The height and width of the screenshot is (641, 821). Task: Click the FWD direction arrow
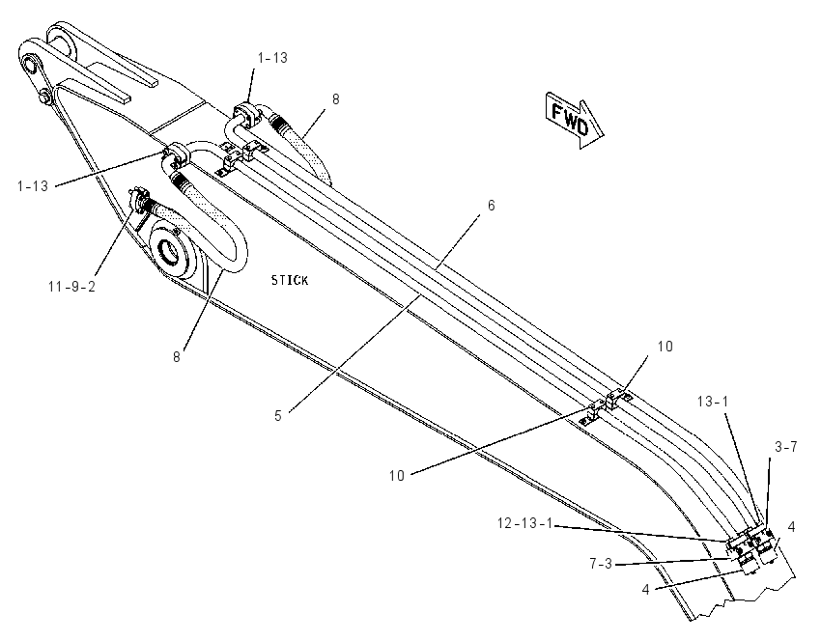point(575,121)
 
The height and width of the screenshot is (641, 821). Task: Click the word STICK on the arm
point(290,281)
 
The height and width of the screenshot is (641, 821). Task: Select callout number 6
point(491,206)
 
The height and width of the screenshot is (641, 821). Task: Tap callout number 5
point(278,416)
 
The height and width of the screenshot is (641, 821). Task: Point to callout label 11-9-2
point(71,287)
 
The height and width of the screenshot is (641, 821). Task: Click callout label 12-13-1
point(524,523)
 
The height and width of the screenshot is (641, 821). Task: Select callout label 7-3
point(601,564)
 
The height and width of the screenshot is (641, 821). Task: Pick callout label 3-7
point(786,447)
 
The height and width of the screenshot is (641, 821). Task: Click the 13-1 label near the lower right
point(713,402)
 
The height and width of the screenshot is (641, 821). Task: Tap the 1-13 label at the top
point(272,58)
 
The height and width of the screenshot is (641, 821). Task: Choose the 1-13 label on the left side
point(33,185)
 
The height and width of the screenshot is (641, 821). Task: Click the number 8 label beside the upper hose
point(335,98)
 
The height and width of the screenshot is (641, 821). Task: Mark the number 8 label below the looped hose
point(177,357)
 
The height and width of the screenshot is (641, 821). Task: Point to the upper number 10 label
point(665,347)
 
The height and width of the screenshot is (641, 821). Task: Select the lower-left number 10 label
point(397,476)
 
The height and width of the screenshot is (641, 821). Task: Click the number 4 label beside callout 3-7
point(792,527)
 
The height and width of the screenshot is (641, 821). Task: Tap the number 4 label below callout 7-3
point(645,590)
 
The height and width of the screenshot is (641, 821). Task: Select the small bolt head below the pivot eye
point(45,97)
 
